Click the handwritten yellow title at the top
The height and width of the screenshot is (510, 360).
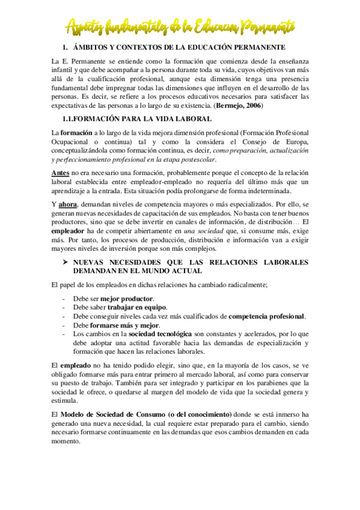(x=180, y=25)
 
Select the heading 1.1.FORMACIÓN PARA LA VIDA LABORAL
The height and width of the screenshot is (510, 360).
(x=137, y=119)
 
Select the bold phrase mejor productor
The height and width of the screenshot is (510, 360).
(x=126, y=298)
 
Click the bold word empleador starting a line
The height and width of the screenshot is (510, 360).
(x=72, y=230)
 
